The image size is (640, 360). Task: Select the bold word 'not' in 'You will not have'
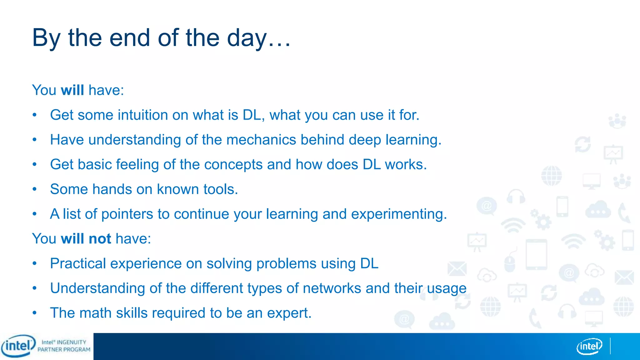pyautogui.click(x=100, y=239)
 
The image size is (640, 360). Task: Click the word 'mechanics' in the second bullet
pyautogui.click(x=261, y=140)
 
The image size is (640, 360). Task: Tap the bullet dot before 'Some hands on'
pyautogui.click(x=35, y=189)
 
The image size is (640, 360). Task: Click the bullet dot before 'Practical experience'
pyautogui.click(x=35, y=263)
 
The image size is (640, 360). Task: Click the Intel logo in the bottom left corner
pyautogui.click(x=18, y=346)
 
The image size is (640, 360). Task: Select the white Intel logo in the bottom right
pyautogui.click(x=589, y=346)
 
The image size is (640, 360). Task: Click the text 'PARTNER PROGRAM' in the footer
pyautogui.click(x=64, y=350)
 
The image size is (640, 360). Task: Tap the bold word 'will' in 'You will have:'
pyautogui.click(x=72, y=90)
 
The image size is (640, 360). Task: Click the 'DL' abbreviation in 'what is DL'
pyautogui.click(x=252, y=115)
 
